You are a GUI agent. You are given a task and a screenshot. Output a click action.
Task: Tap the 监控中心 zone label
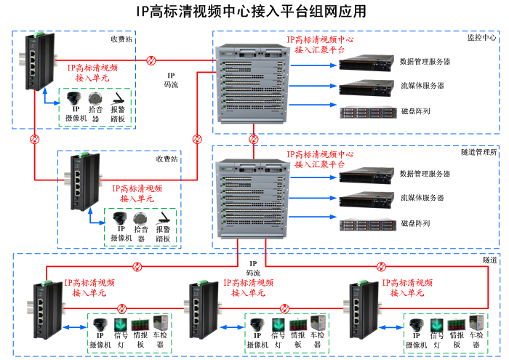pos(482,37)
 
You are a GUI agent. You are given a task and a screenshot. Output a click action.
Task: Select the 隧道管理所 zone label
pos(479,152)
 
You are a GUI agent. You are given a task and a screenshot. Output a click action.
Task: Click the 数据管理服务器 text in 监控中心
pos(425,62)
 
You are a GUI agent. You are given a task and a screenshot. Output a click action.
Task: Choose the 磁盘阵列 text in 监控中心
pos(415,111)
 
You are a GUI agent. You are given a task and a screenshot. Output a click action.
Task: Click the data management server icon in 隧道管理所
pos(366,175)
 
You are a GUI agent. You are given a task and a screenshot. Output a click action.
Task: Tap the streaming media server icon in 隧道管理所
pos(366,199)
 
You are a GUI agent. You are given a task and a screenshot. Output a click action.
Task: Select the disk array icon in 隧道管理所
pos(366,223)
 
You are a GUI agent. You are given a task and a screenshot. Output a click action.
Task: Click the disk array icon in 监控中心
pos(366,111)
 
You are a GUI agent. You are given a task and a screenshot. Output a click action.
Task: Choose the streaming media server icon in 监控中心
pos(366,87)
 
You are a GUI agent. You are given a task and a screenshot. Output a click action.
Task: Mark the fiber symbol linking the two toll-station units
pos(35,139)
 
